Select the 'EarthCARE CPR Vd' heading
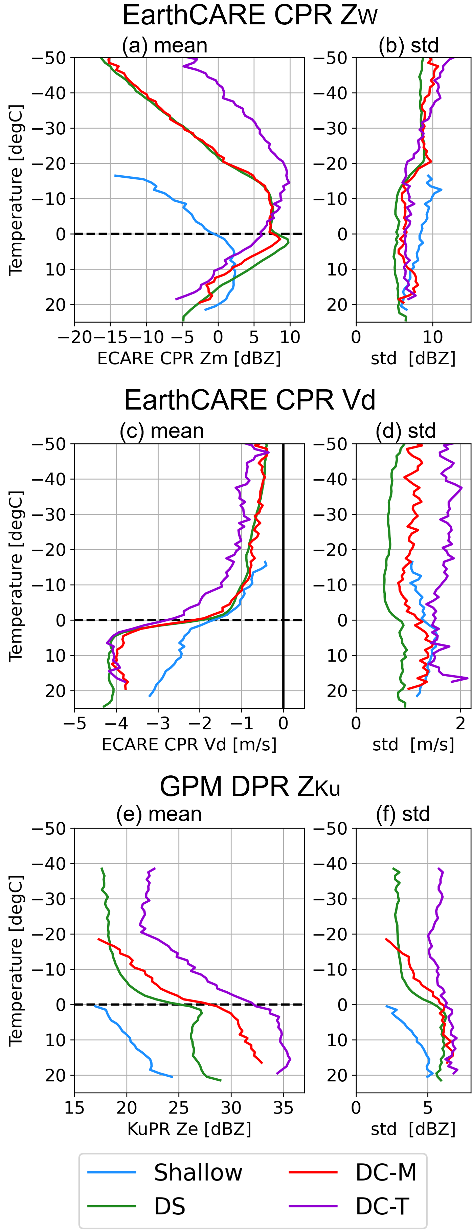coord(250,400)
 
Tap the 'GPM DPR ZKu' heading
coord(250,786)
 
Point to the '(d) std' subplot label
coord(406,431)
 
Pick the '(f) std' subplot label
coord(403,814)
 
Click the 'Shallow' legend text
coord(198,1172)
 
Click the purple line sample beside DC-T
coord(313,1206)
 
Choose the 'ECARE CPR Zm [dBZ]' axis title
coord(189,358)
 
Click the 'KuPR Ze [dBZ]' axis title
coord(189,1129)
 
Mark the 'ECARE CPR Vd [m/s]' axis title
coord(189,745)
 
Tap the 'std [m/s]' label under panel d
coord(413,745)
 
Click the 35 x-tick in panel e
coord(283,1108)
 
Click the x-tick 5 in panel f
coord(428,1108)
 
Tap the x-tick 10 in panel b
coord(432,337)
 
